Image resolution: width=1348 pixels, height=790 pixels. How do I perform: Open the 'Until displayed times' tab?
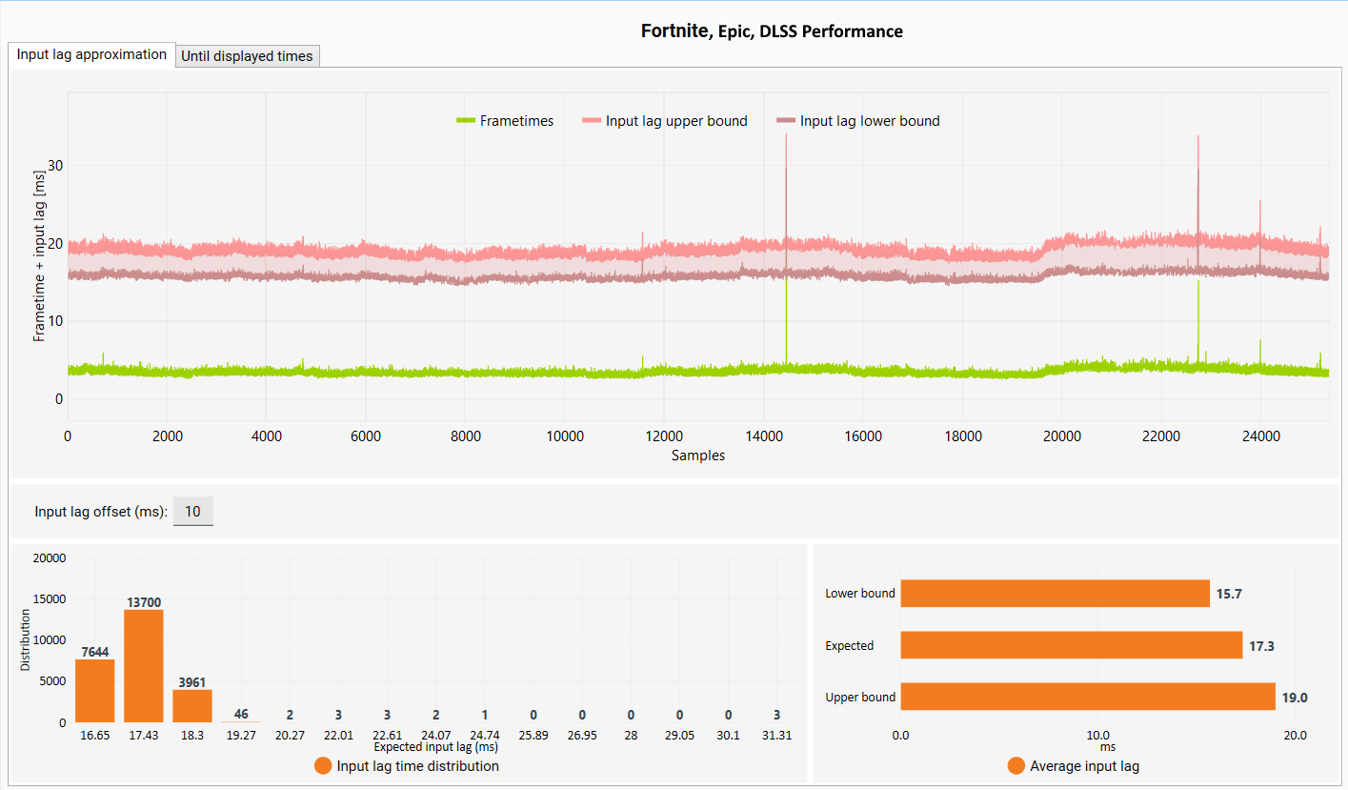[247, 56]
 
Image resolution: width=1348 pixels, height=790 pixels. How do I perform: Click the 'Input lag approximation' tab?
[91, 54]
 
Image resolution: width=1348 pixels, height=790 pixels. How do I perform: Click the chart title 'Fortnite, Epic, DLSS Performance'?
[772, 30]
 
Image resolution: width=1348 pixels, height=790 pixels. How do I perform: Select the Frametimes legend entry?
[505, 120]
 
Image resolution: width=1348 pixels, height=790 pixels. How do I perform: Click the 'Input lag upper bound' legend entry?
[665, 120]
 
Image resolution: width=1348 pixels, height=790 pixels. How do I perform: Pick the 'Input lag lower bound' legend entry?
[858, 120]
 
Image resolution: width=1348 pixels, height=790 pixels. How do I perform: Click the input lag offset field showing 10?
[192, 511]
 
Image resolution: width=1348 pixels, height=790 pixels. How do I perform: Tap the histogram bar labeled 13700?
[144, 665]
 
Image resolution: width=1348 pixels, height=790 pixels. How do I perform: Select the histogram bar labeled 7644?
[95, 691]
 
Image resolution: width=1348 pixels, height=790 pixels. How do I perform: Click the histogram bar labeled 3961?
[192, 706]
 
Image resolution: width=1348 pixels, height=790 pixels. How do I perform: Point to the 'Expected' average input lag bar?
[1071, 645]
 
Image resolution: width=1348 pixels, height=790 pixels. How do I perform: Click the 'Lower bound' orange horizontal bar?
[1055, 593]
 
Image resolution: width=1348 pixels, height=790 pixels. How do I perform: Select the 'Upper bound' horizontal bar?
[1088, 696]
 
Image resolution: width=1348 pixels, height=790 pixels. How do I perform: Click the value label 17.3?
[1261, 646]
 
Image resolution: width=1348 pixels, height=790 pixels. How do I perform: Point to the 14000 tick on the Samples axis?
[764, 436]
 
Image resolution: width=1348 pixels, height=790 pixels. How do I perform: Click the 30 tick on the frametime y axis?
[55, 166]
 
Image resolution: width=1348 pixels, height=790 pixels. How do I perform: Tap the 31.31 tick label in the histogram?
[776, 736]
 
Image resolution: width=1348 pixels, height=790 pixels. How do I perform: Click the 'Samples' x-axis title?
[698, 456]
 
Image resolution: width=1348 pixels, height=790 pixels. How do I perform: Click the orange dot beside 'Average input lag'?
[1016, 766]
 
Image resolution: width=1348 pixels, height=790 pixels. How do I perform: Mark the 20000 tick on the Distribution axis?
[50, 557]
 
